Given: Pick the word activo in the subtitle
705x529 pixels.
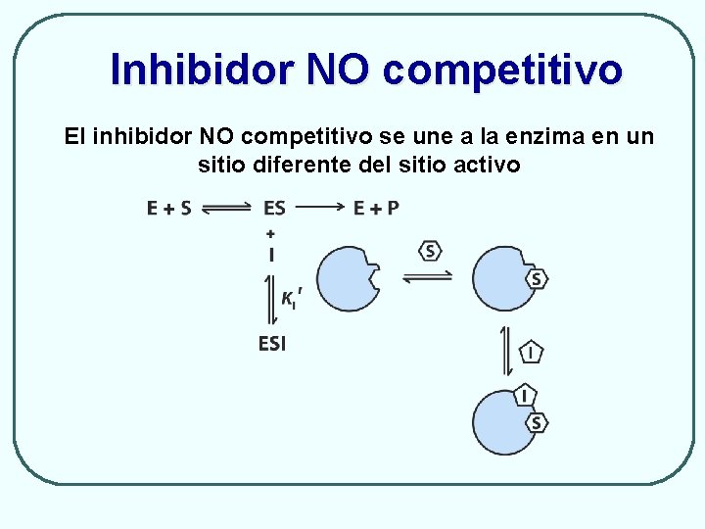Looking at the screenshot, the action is point(487,164).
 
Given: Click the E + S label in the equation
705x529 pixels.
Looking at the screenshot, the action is point(168,208).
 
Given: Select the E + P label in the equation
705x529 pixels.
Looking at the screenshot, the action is point(376,208).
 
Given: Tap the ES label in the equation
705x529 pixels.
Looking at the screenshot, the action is point(274,208).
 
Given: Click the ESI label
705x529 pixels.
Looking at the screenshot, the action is point(272,343).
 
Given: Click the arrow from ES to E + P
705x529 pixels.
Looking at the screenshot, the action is point(318,208).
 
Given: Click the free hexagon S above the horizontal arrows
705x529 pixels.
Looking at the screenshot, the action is point(431,251).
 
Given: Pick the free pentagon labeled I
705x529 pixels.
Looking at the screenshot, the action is point(531,351).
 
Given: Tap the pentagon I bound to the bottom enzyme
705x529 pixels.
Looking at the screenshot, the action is point(525,396).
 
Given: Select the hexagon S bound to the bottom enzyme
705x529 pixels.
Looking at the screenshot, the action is point(536,422).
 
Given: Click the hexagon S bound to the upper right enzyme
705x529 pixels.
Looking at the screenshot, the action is point(536,279).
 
